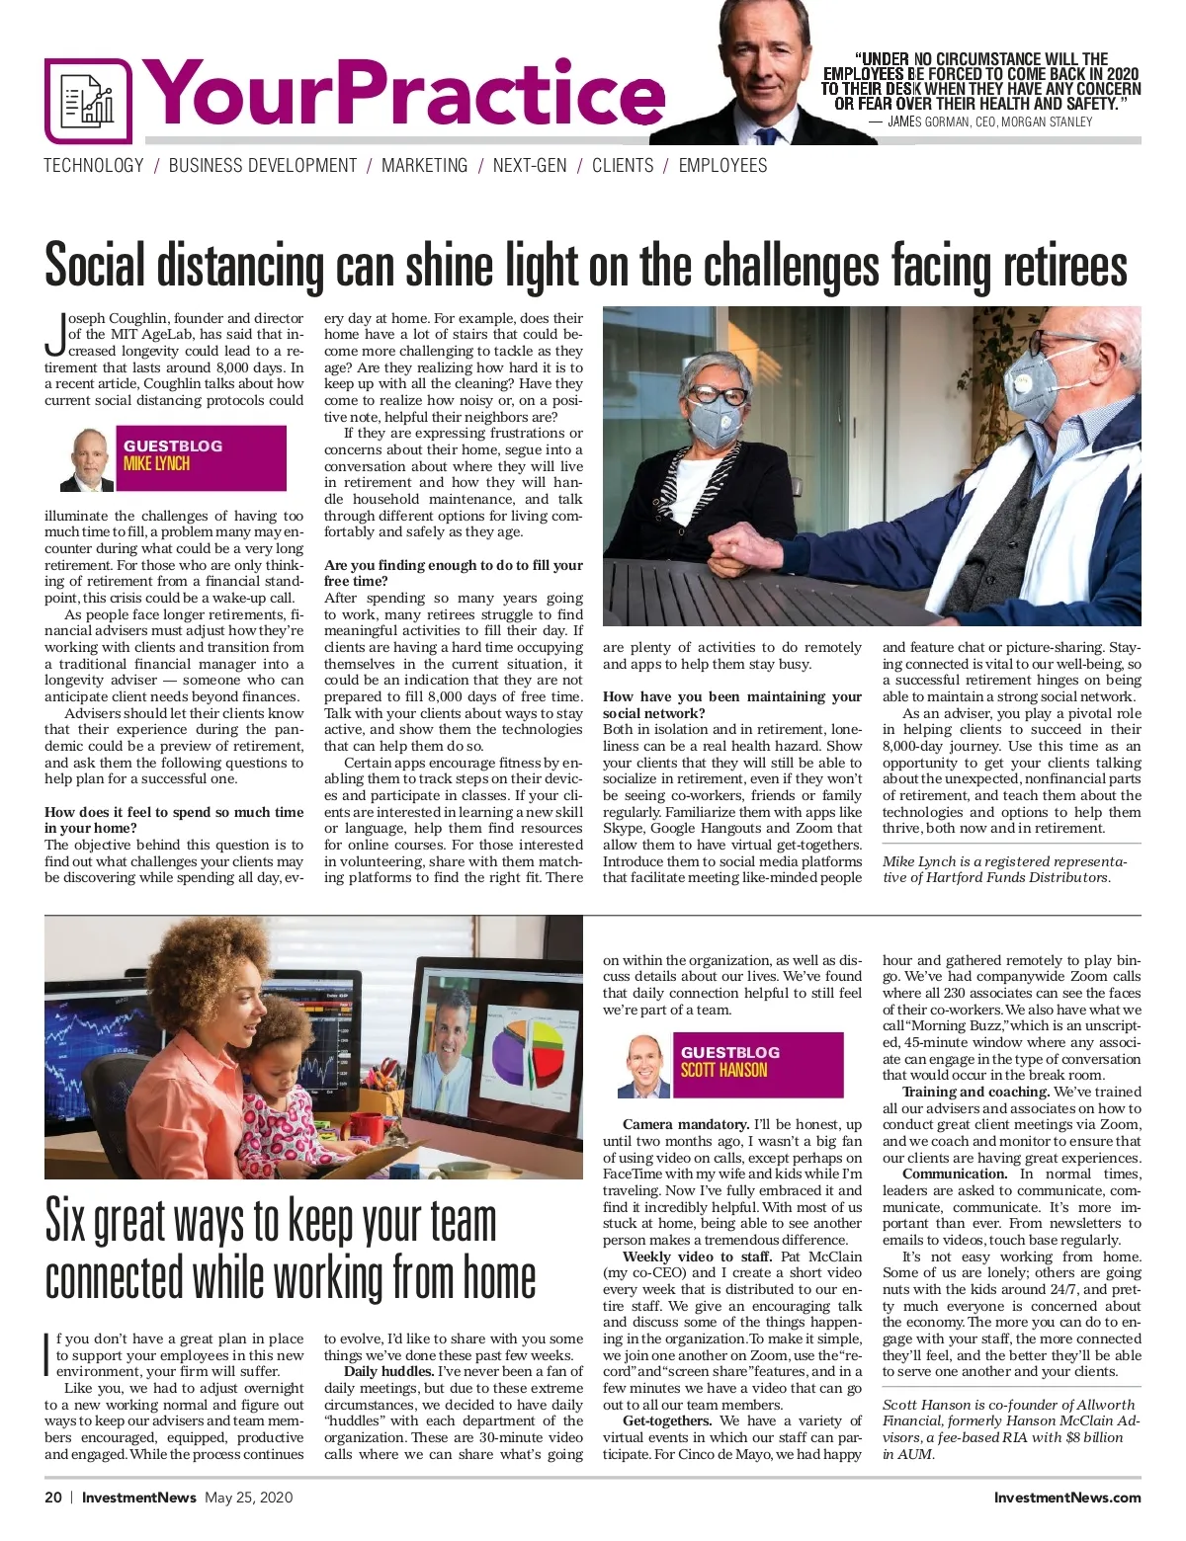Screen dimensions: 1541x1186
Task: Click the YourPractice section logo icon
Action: pyautogui.click(x=87, y=101)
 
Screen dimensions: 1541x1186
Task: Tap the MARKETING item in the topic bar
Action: pyautogui.click(x=425, y=166)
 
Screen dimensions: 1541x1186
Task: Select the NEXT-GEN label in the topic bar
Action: pyautogui.click(x=530, y=166)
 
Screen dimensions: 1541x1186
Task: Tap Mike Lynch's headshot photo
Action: pyautogui.click(x=88, y=459)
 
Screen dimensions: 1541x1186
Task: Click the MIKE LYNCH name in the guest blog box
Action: pyautogui.click(x=156, y=463)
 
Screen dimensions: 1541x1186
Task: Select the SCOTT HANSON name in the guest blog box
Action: pyautogui.click(x=723, y=1070)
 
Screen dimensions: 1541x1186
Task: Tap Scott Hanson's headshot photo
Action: pyautogui.click(x=644, y=1066)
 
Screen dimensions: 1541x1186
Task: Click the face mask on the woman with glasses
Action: pyautogui.click(x=717, y=418)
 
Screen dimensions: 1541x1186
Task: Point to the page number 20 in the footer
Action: pyautogui.click(x=53, y=1498)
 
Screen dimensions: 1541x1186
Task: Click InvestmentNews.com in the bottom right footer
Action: pyautogui.click(x=1066, y=1498)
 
